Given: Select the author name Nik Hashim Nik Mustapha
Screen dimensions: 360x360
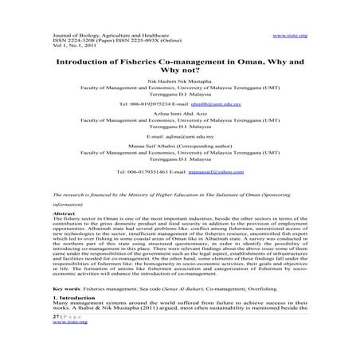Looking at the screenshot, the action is [x=179, y=90].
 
